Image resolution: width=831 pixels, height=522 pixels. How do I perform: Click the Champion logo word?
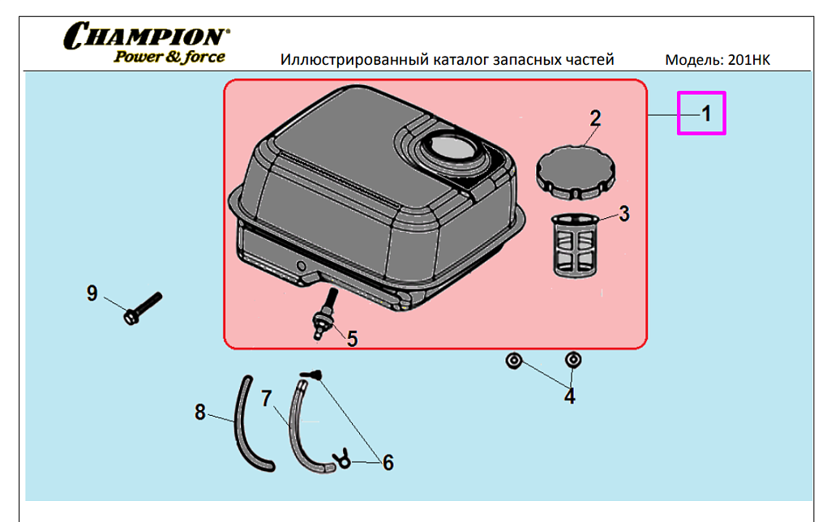[x=145, y=36]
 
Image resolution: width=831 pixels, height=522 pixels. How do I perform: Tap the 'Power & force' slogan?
[x=169, y=57]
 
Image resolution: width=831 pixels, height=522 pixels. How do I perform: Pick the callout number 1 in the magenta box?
[x=705, y=113]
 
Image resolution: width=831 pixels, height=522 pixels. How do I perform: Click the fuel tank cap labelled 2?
[x=575, y=169]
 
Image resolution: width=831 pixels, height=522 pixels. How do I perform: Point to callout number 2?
[x=595, y=118]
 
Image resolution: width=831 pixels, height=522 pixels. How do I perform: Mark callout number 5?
[x=352, y=339]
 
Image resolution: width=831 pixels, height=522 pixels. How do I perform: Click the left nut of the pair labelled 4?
[x=513, y=360]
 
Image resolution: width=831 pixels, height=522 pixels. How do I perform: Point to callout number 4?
[x=570, y=396]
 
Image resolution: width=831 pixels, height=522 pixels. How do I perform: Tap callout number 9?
[x=92, y=293]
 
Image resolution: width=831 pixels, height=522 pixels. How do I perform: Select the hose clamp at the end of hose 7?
[x=341, y=460]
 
